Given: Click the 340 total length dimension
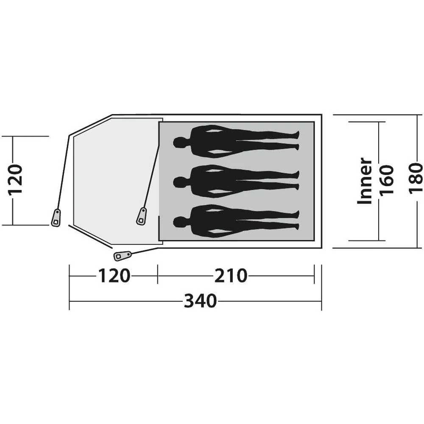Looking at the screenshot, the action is pos(201,301).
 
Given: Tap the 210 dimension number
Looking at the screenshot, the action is pos(231,276).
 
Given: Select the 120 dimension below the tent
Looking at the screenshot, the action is pos(114,276).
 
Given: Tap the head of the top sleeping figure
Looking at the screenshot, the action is pos(179,142).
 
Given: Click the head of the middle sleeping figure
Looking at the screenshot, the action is pos(179,182).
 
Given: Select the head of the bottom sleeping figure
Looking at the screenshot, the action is pos(179,223).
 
